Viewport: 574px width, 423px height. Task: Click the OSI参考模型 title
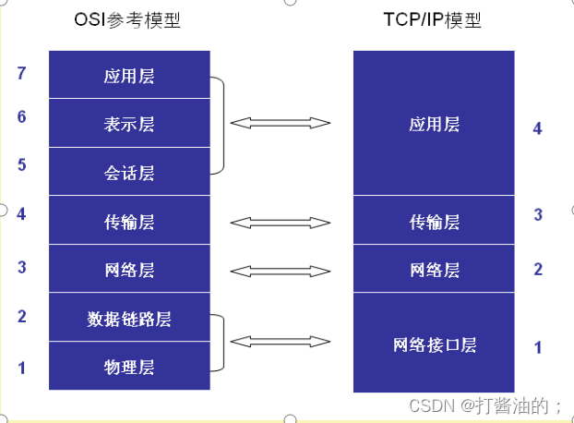(127, 19)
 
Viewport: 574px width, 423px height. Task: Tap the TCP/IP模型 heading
(432, 19)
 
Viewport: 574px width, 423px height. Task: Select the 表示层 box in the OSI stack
(129, 123)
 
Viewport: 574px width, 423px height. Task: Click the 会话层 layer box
(129, 172)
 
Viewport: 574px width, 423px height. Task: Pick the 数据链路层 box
(129, 317)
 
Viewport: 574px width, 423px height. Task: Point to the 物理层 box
(129, 366)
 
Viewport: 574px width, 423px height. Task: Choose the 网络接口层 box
(434, 343)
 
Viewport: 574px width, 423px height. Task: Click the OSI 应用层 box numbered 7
(129, 74)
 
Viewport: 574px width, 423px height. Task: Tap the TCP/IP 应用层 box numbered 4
(434, 123)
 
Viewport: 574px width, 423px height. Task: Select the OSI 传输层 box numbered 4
(129, 220)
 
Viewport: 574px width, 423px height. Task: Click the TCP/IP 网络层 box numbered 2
(434, 269)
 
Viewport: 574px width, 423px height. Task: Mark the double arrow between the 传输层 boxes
(281, 223)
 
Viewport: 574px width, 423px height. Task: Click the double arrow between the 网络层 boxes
(281, 272)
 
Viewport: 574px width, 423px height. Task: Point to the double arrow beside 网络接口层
(281, 342)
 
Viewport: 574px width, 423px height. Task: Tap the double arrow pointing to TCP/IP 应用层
(281, 123)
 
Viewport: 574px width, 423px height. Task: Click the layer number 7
(21, 73)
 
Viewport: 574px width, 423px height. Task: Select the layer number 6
(21, 116)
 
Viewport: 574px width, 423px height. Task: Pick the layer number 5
(21, 164)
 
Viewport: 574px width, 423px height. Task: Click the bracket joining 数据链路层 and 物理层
(223, 343)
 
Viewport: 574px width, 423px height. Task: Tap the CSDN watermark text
(485, 405)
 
